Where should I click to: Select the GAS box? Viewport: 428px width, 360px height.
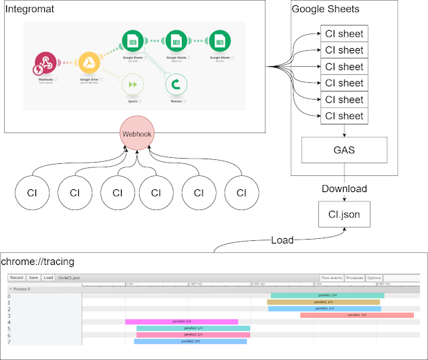pyautogui.click(x=344, y=150)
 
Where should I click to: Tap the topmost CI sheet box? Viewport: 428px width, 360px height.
pyautogui.click(x=344, y=33)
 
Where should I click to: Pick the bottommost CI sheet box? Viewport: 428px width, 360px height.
pyautogui.click(x=344, y=116)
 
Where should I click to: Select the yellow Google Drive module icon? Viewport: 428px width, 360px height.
pyautogui.click(x=89, y=66)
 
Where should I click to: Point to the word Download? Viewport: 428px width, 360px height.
pyautogui.click(x=344, y=188)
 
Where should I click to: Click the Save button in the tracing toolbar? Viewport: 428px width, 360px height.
pyautogui.click(x=33, y=277)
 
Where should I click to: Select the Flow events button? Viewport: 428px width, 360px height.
pyautogui.click(x=332, y=277)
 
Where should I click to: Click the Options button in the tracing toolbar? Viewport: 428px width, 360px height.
pyautogui.click(x=374, y=277)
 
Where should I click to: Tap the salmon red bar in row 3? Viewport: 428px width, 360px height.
pyautogui.click(x=357, y=314)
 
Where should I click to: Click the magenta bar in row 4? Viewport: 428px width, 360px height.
pyautogui.click(x=181, y=322)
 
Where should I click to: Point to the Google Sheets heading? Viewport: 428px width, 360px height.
pyautogui.click(x=325, y=9)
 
